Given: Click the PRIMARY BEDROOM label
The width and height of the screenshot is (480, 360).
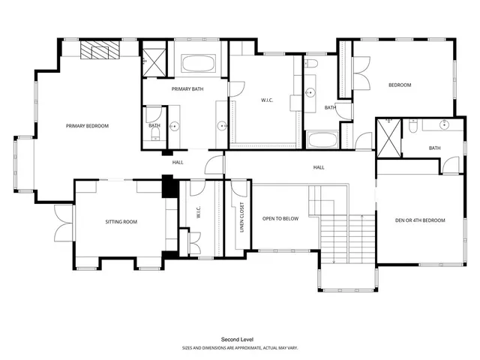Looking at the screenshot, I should click(87, 126).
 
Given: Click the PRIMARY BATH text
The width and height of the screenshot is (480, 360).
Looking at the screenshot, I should click(187, 89).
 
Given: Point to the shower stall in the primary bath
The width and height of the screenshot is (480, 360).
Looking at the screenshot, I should click(155, 61).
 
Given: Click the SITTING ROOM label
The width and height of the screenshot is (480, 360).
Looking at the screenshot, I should click(120, 222).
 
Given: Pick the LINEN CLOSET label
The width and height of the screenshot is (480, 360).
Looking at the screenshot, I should click(241, 217).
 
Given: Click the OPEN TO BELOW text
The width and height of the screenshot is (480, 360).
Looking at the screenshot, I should click(280, 219).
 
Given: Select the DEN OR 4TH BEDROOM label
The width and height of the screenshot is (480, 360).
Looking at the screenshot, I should click(420, 220).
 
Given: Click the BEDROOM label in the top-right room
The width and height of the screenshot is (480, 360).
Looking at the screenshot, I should click(399, 85).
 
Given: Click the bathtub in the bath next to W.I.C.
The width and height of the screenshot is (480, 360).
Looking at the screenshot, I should click(322, 140).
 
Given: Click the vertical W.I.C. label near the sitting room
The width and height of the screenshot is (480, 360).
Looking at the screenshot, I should click(199, 214).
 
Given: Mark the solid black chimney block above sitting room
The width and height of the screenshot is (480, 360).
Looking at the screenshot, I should click(168, 186).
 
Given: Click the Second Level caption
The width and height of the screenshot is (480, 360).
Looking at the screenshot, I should click(234, 340).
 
